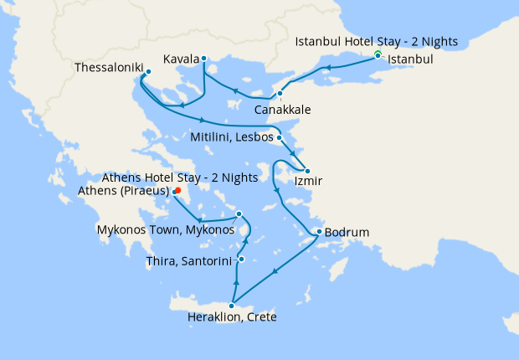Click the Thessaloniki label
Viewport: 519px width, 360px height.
point(108,66)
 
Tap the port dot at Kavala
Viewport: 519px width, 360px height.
point(204,58)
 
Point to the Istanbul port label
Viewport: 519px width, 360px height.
point(411,60)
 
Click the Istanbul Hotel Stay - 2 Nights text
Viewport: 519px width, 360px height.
point(378,42)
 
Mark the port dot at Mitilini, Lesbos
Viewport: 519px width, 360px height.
point(279,137)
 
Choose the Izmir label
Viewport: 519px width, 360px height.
point(306,180)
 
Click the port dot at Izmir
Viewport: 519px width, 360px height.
point(307,171)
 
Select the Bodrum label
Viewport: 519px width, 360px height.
point(347,232)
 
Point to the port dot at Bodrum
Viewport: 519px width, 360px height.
point(319,232)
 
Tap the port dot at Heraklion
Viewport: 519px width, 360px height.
point(232,306)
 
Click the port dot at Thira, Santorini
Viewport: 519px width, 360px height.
point(241,260)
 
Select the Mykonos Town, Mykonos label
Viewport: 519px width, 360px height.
point(165,229)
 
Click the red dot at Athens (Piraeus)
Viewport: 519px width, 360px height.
point(178,190)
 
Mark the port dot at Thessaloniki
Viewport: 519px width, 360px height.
point(148,72)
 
